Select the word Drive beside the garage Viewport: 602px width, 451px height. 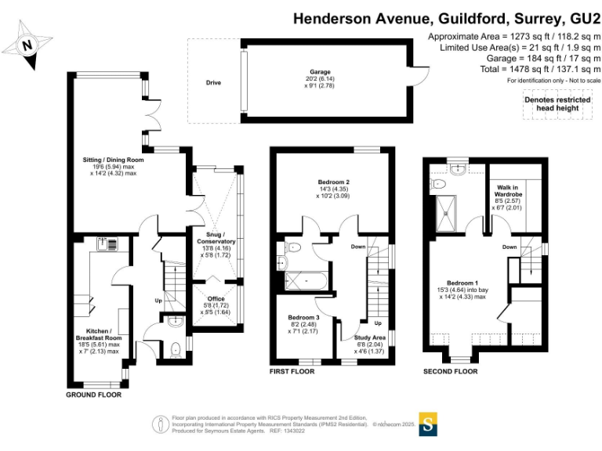tap(213, 81)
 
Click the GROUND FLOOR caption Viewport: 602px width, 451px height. tap(93, 395)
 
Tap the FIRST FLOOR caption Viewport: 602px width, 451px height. tap(292, 371)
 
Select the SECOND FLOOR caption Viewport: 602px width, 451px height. tap(450, 371)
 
